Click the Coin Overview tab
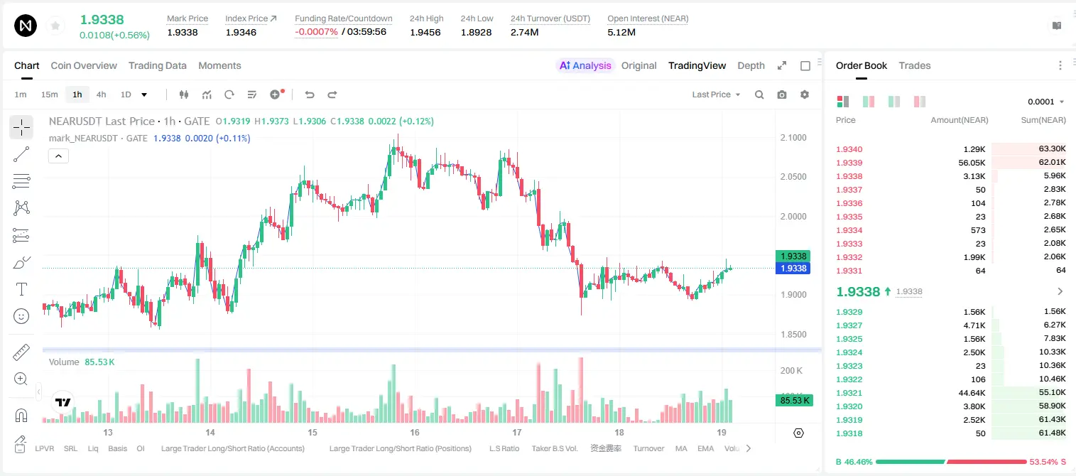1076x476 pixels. point(84,66)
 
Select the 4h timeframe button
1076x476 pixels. point(101,94)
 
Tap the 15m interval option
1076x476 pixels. point(50,94)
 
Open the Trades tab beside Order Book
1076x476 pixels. point(915,66)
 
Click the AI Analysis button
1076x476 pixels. point(585,66)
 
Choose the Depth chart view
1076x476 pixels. point(751,66)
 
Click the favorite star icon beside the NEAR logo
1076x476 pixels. point(55,26)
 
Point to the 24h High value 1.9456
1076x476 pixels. point(425,32)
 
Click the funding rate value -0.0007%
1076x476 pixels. point(316,32)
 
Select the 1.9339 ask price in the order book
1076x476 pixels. point(849,163)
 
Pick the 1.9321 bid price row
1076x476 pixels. point(849,393)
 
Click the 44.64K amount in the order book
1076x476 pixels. point(972,393)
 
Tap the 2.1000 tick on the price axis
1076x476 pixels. point(793,138)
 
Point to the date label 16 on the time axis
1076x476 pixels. point(415,433)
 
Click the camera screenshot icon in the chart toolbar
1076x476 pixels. point(782,94)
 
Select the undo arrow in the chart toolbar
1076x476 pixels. point(310,94)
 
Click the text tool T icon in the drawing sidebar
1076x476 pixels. point(21,289)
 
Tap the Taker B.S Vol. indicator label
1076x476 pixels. point(554,448)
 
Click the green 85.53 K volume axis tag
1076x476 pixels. point(795,400)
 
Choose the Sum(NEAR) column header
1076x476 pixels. point(1043,120)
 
